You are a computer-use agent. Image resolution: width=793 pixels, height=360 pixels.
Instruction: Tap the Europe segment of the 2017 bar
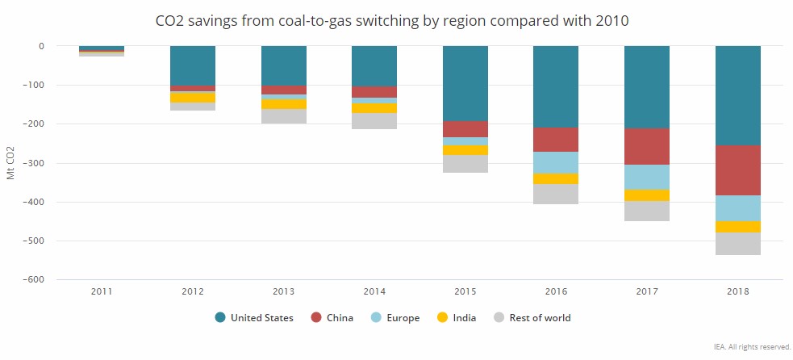[647, 177]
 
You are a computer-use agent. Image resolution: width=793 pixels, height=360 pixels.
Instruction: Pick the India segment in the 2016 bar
[557, 178]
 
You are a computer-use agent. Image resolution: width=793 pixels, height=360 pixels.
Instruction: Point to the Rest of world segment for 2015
[465, 164]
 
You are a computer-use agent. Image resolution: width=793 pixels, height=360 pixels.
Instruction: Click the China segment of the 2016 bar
[557, 140]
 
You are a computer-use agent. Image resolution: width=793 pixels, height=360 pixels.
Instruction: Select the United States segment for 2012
[192, 65]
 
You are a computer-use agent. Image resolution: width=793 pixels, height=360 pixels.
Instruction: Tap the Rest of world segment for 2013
[283, 116]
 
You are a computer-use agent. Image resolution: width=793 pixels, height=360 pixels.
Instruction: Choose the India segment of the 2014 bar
[374, 108]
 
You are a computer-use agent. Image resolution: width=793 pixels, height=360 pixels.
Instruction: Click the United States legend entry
[254, 318]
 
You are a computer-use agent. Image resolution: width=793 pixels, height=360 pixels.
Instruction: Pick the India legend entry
[457, 318]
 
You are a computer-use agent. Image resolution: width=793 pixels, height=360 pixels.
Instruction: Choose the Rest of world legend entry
[530, 318]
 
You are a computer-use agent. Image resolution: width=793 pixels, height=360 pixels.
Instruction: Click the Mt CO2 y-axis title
[10, 162]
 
